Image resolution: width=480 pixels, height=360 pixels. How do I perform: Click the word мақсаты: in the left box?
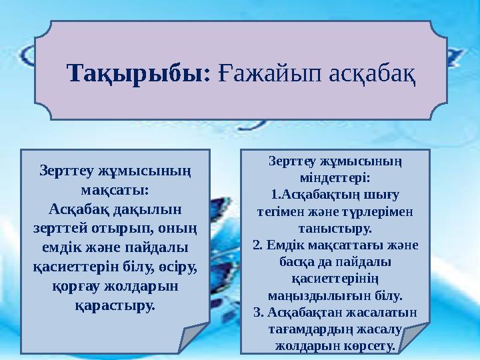(115, 189)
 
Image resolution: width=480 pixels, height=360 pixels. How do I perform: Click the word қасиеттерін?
(75, 267)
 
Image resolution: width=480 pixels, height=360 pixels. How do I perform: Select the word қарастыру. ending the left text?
(115, 305)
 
